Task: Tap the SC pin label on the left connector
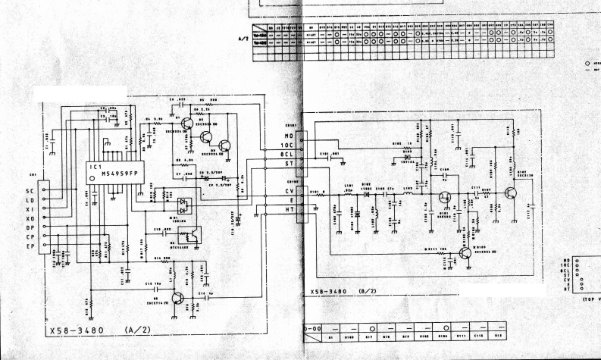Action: point(30,189)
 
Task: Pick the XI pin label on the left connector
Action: point(30,208)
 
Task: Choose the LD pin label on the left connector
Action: point(30,199)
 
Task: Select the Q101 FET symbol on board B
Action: point(446,199)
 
